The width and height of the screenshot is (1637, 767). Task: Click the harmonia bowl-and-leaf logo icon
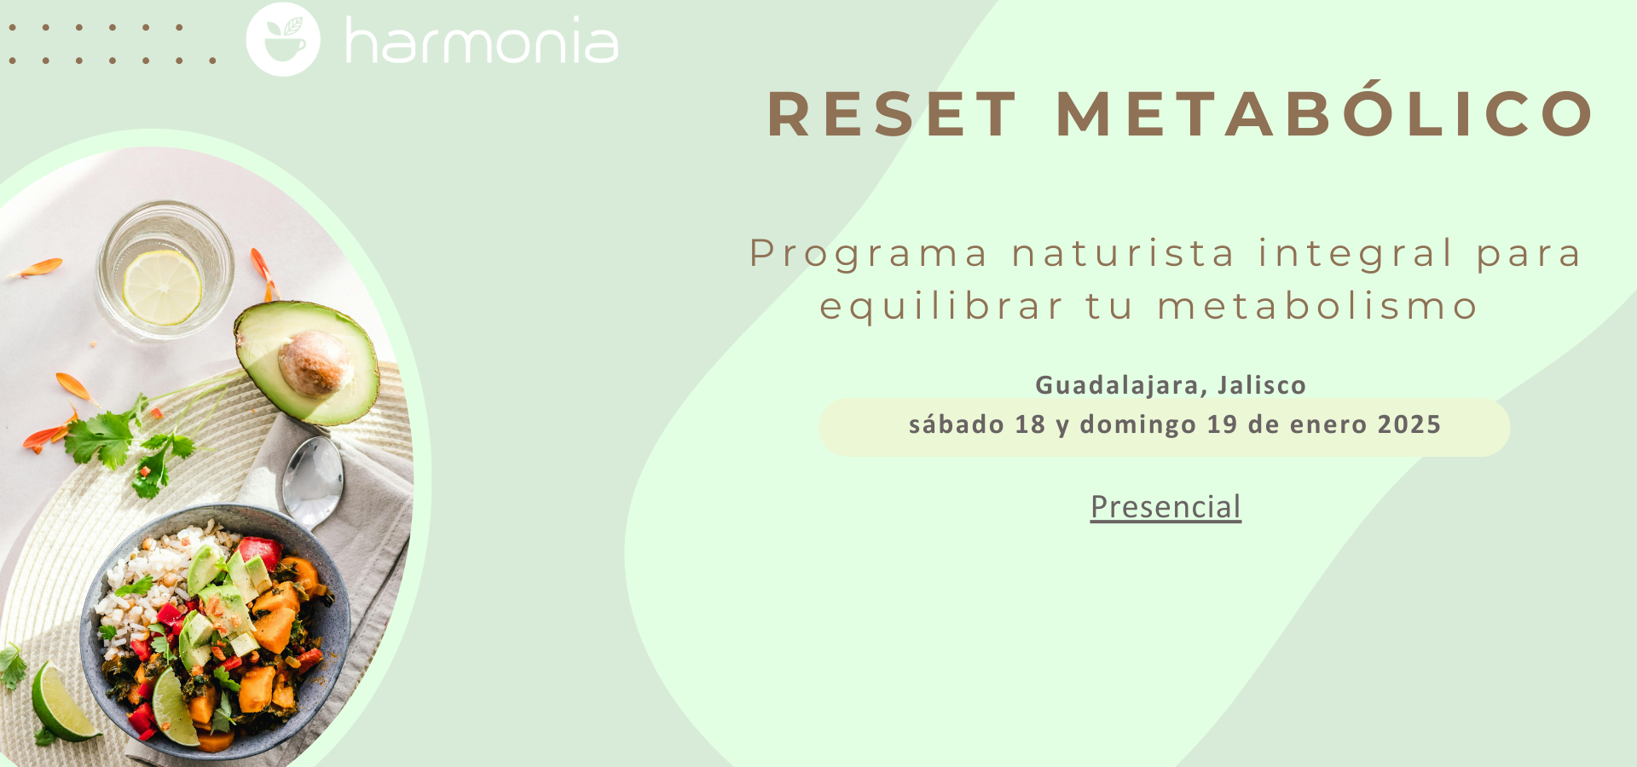tap(283, 39)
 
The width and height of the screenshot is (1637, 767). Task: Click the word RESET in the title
tap(892, 114)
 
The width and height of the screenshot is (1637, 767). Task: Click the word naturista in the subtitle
tap(1123, 254)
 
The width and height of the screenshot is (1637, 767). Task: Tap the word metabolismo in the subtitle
tap(1317, 307)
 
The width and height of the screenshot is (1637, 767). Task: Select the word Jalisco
tap(1262, 385)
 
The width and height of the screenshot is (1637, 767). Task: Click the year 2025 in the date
tap(1409, 424)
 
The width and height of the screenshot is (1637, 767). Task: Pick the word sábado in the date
tap(956, 424)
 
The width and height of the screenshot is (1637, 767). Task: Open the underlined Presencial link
tap(1166, 507)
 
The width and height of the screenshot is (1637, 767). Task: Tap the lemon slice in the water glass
tap(162, 287)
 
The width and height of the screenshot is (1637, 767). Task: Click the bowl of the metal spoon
tap(313, 482)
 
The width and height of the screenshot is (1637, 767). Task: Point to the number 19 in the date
tap(1222, 424)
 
